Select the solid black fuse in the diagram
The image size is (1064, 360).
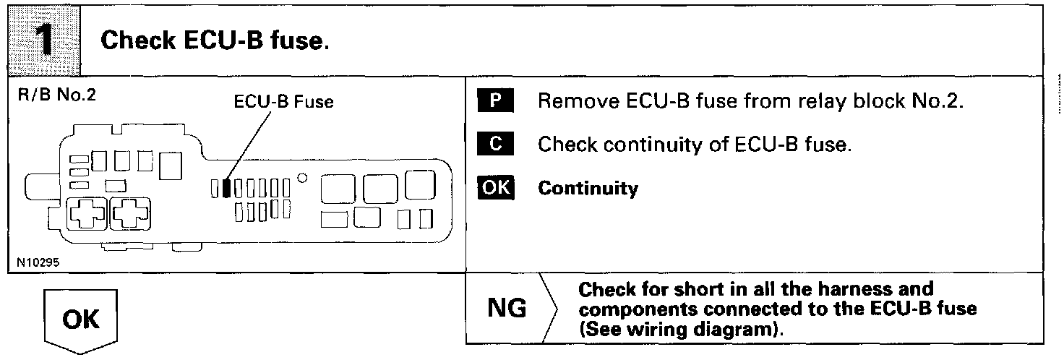coord(226,188)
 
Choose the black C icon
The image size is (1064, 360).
coord(494,145)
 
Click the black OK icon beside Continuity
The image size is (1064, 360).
coord(494,188)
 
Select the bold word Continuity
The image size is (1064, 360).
coord(588,189)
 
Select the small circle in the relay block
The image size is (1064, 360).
coord(303,176)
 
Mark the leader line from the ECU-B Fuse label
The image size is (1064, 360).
coord(246,145)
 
